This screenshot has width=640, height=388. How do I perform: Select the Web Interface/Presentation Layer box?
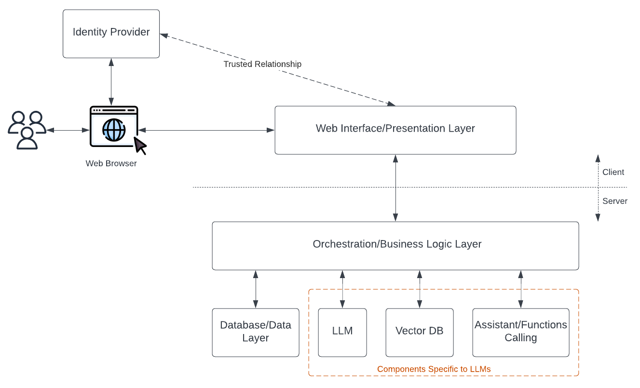point(395,130)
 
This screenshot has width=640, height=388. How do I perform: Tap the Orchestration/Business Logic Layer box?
point(395,245)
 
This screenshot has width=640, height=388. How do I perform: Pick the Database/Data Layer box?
point(255,332)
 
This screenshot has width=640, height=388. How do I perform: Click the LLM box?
point(342,332)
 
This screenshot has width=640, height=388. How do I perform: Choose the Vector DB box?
point(419,332)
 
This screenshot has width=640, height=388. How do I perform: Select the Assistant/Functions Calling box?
point(520,332)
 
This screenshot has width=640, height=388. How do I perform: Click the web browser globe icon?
point(114,129)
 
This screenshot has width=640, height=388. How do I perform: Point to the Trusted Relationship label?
point(262,64)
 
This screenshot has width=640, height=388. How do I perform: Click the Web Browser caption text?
point(111,163)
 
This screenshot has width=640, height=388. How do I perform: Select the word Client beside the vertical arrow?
point(613,172)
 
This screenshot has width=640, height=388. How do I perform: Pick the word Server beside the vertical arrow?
point(614,201)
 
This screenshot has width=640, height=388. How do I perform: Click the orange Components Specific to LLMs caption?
point(434,369)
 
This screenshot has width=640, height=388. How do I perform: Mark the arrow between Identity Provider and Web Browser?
point(111,82)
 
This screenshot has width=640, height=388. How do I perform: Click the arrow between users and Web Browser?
point(68,130)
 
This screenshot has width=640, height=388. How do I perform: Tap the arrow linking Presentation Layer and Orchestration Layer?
point(395,188)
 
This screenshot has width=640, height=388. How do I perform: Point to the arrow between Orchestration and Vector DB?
point(420,289)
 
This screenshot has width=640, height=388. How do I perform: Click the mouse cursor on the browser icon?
point(139,144)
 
